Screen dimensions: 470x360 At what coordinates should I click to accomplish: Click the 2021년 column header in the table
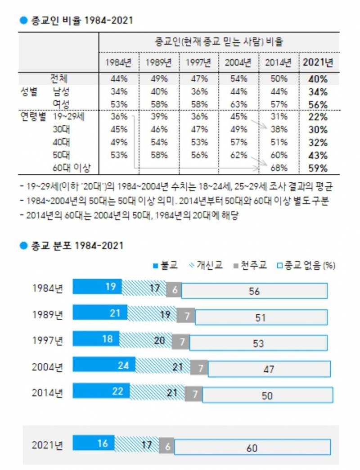coord(318,62)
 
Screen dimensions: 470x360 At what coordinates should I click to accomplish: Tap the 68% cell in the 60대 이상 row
coord(279,168)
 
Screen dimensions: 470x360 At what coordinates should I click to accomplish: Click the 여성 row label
coord(61,104)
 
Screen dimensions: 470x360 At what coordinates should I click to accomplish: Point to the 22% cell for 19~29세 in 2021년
coord(318,117)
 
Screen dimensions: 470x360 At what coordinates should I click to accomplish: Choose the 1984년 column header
coord(118,62)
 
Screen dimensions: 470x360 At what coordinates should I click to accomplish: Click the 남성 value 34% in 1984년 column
coord(118,91)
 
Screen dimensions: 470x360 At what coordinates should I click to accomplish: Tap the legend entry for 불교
coord(165,265)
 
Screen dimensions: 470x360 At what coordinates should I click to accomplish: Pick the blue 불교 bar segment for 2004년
coord(104,366)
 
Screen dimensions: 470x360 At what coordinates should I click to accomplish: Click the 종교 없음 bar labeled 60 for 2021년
coord(252,447)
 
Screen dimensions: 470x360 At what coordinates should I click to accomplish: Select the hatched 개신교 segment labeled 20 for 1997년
coord(145,340)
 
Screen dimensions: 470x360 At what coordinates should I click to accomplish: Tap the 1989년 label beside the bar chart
coord(47,315)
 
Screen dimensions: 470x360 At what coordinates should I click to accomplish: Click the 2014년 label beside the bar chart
coord(47,392)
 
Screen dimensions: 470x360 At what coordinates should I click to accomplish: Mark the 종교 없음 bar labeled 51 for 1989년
coord(261,316)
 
